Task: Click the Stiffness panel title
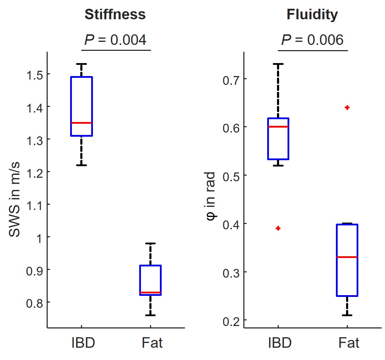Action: pyautogui.click(x=115, y=14)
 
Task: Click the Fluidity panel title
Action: pyautogui.click(x=312, y=14)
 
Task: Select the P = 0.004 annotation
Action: pyautogui.click(x=115, y=40)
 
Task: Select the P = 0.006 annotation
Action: pyautogui.click(x=312, y=40)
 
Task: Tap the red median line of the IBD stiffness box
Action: pyautogui.click(x=81, y=123)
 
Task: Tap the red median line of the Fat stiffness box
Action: pyautogui.click(x=150, y=292)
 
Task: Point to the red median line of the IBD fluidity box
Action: pyautogui.click(x=278, y=127)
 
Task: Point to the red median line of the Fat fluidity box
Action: pyautogui.click(x=347, y=257)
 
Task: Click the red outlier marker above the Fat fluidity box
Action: pyautogui.click(x=347, y=108)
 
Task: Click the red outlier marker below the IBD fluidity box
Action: pyautogui.click(x=278, y=228)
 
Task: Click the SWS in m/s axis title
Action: pyautogui.click(x=15, y=199)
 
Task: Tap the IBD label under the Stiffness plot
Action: pyautogui.click(x=83, y=343)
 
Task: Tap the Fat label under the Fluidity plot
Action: pyautogui.click(x=349, y=343)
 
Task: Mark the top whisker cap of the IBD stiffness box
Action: pyautogui.click(x=81, y=64)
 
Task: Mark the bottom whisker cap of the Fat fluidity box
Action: pyautogui.click(x=347, y=315)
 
